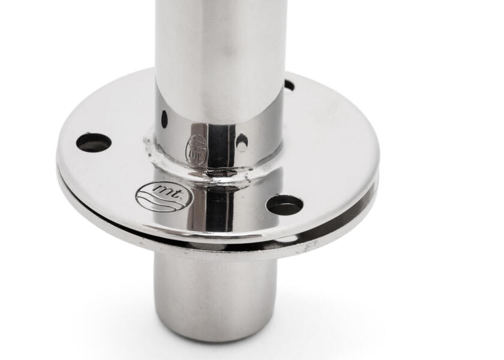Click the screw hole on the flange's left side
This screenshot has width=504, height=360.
coord(94,142)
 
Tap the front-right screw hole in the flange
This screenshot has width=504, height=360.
coord(285,205)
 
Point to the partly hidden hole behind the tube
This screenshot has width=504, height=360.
coord(289,85)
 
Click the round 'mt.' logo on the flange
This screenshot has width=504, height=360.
coord(164,196)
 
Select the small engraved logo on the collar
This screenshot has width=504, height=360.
coord(197,149)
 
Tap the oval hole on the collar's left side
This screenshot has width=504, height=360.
coord(164,119)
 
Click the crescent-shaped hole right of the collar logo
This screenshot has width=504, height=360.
coord(242,142)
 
